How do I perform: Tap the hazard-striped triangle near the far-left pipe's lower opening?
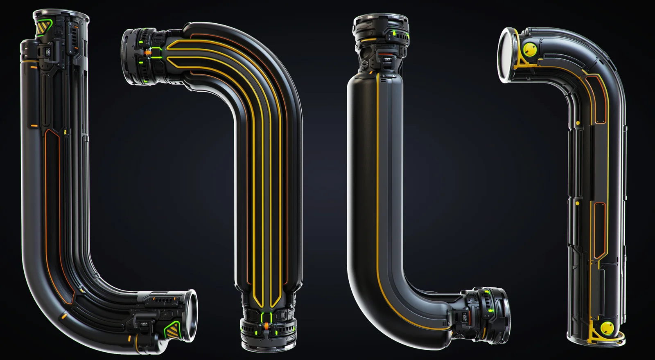pos(172,328)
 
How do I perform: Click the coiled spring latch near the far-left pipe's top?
pos(48,52)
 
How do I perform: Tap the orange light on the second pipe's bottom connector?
pos(267,326)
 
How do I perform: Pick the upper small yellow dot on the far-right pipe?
pos(577,122)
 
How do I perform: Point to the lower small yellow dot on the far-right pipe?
pos(577,202)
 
